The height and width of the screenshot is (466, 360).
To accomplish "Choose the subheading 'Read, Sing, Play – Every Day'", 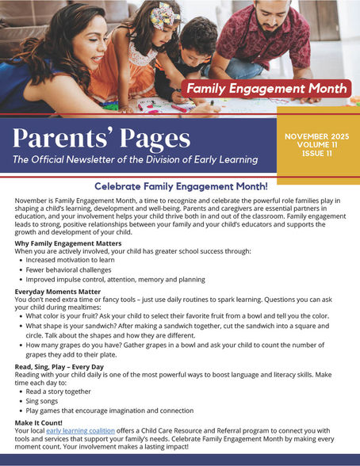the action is (x=59, y=367).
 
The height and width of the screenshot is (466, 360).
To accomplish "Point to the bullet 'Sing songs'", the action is (x=44, y=401).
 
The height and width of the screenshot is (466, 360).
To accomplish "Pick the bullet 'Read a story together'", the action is (x=58, y=392).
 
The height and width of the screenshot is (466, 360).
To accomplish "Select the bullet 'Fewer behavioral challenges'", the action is (x=69, y=269).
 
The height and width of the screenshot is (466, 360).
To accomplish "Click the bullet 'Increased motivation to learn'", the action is (x=71, y=260).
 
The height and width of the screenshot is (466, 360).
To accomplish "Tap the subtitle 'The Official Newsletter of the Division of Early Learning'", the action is (x=135, y=160).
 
